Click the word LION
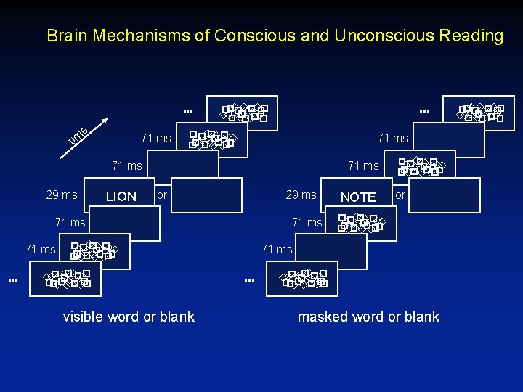click(121, 196)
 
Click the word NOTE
click(358, 197)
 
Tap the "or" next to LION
click(162, 195)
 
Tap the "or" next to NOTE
click(400, 195)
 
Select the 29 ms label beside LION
click(62, 195)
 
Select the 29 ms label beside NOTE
click(301, 195)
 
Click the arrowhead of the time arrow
click(108, 120)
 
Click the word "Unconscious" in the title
click(373, 36)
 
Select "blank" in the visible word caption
click(177, 317)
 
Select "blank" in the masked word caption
click(421, 317)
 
